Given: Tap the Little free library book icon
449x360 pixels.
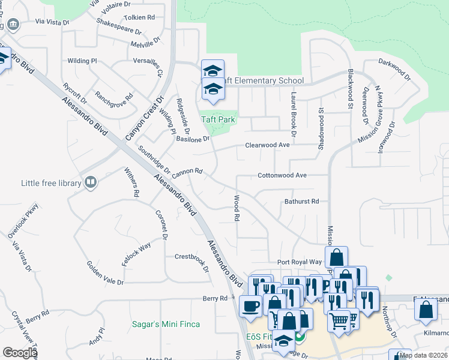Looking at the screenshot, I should click(91, 181).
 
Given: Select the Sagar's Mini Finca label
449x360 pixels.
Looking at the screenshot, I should click(166, 325).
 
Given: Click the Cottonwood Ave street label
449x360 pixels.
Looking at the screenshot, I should click(282, 175).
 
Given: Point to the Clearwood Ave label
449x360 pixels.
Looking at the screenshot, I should click(267, 145).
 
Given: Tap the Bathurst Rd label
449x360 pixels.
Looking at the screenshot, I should click(301, 202).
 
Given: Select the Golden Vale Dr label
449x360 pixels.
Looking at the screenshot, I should click(104, 273).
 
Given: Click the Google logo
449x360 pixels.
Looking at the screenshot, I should click(20, 353).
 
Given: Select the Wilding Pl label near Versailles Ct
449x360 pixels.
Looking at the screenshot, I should click(82, 61).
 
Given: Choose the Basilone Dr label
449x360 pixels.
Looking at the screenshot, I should click(193, 139).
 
